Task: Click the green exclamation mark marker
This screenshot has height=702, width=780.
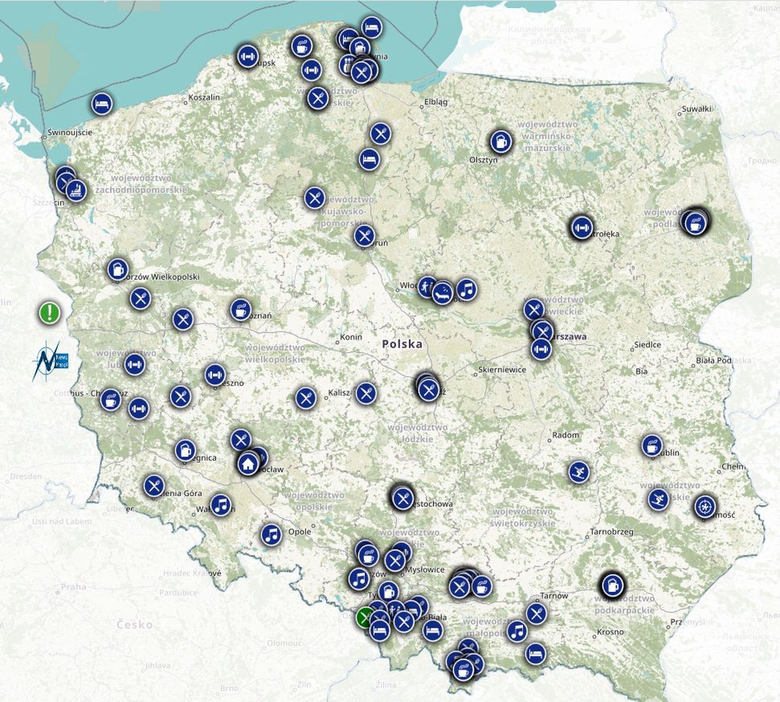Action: coord(50,312)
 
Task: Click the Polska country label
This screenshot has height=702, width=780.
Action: coord(402,343)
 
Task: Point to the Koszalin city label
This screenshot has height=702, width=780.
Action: coord(203,97)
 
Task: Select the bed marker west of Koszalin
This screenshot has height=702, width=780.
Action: coord(101,102)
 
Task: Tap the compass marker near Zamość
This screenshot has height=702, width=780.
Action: coord(705,506)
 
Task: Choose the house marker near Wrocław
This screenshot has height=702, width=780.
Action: coord(247,463)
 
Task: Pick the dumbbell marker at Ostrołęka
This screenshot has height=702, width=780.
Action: coord(581,228)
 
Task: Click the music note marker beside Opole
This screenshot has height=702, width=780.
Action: coord(272,533)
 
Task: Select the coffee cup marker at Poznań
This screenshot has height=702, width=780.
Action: coord(240,309)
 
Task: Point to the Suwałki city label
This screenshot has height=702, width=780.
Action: coord(696,108)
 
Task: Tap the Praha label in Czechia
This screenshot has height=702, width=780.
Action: coord(72,586)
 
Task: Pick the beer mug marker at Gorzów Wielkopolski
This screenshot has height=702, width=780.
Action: coord(118,269)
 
